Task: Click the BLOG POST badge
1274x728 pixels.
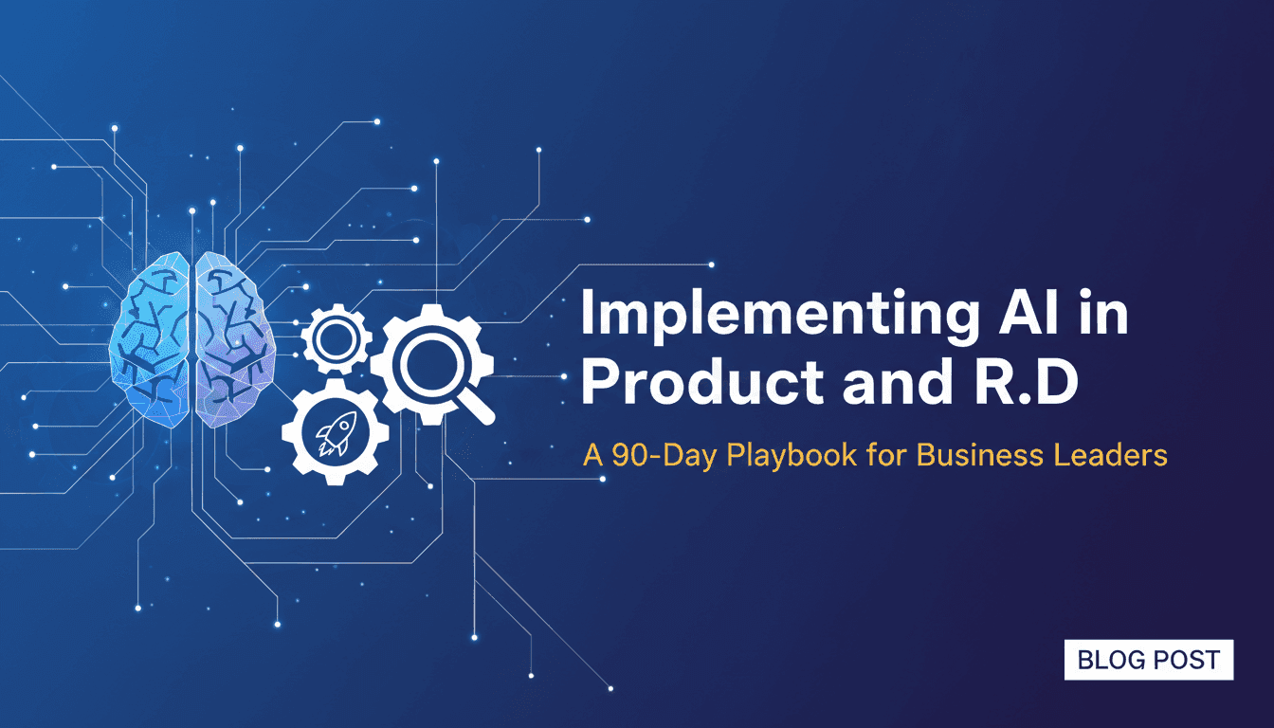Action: tap(1148, 660)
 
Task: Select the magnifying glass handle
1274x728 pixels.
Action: tap(477, 405)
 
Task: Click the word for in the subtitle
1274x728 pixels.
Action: tap(886, 456)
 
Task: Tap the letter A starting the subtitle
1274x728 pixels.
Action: tap(593, 456)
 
